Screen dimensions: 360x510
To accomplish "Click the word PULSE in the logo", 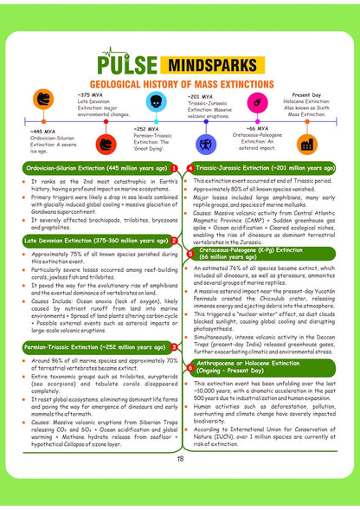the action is (130, 64).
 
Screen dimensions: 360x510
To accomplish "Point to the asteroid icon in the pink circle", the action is (256, 103).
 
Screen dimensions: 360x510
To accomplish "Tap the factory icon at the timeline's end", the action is (305, 144).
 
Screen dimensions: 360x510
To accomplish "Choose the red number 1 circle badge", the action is (174, 168).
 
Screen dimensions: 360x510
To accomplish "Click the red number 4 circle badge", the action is (189, 168).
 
